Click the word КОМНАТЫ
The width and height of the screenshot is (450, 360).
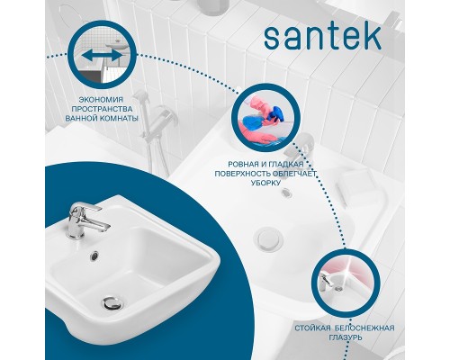tap(122, 118)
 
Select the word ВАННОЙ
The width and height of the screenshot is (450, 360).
tap(87, 118)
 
